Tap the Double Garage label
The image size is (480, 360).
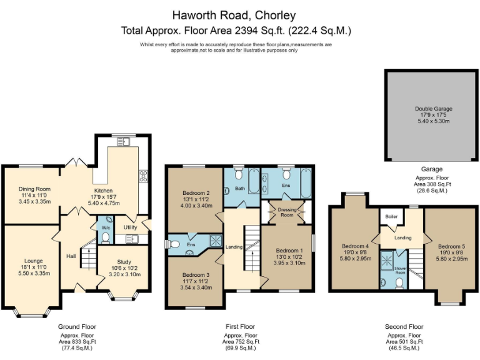433,109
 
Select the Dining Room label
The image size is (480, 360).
34,189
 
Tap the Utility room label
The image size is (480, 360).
130,227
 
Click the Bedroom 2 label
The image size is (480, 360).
196,192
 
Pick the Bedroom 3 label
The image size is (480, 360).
196,274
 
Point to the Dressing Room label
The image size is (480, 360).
286,212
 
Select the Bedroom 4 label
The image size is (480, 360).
355,246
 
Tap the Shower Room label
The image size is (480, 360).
399,270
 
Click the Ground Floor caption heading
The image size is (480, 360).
77,326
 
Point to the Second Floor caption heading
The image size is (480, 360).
404,326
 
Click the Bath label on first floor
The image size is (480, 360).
240,188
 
